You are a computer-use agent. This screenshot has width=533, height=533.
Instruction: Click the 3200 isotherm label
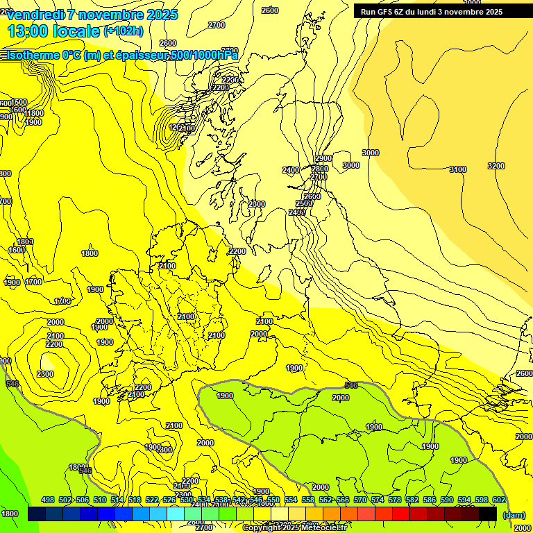tap(496, 166)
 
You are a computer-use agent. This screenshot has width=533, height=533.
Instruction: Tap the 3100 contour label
tap(457, 169)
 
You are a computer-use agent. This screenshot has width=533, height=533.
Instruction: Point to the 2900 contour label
tap(323, 159)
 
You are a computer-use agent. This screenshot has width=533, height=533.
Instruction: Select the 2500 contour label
tap(303, 203)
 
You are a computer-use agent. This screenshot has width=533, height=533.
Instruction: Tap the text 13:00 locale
tap(53, 31)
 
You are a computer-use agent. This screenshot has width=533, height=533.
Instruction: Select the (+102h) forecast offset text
tap(123, 31)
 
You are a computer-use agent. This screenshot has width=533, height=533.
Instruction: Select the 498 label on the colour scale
tap(48, 500)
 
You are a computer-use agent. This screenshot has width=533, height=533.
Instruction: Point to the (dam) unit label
tap(514, 514)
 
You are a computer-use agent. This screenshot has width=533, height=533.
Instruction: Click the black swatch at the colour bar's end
tap(488, 514)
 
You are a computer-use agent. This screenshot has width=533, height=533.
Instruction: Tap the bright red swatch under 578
tap(401, 514)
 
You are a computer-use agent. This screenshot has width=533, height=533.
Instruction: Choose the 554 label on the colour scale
tap(291, 500)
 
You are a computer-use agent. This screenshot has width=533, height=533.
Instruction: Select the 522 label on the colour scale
tap(152, 500)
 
